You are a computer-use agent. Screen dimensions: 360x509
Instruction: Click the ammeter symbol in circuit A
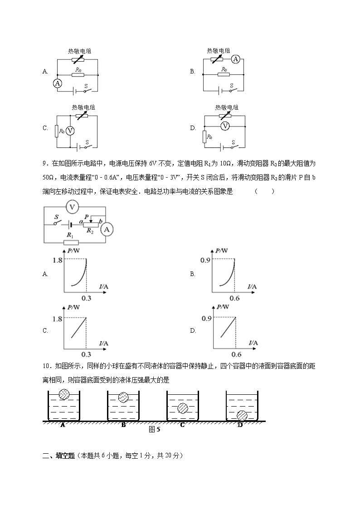pos(57,83)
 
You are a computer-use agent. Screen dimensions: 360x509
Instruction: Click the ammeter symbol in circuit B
pos(235,59)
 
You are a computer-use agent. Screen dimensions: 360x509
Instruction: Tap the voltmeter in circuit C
pos(70,131)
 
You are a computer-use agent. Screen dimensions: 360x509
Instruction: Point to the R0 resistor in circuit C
pos(57,131)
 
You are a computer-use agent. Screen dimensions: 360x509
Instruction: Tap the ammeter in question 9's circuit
pos(107,230)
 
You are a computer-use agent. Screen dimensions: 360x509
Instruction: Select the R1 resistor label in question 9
pos(70,235)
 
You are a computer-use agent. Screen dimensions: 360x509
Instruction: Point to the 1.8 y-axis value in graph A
pos(57,260)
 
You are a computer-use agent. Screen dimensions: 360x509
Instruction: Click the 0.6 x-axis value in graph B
pos(234,298)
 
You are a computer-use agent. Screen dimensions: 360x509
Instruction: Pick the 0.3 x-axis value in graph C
pos(86,354)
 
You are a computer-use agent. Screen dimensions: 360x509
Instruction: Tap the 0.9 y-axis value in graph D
pos(206,319)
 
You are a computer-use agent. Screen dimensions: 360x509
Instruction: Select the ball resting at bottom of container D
pos(242,415)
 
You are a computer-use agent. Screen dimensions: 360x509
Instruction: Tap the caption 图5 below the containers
pos(155,430)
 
